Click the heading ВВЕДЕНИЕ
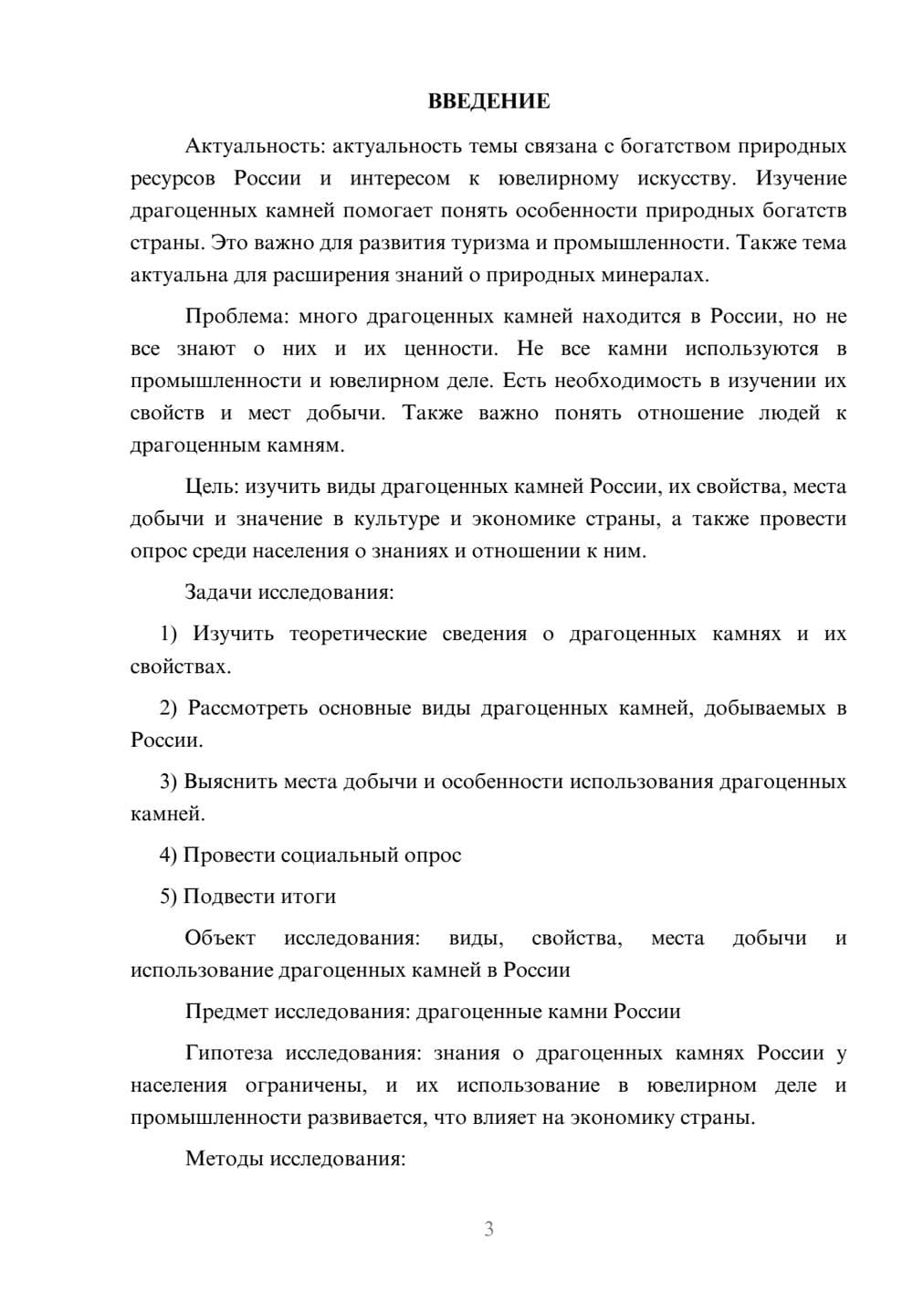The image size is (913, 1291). (488, 101)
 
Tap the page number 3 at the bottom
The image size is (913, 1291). (488, 1229)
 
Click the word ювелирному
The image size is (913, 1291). (557, 179)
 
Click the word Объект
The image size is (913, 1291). (220, 939)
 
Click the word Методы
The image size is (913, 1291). (223, 1160)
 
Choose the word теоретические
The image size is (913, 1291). (358, 634)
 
